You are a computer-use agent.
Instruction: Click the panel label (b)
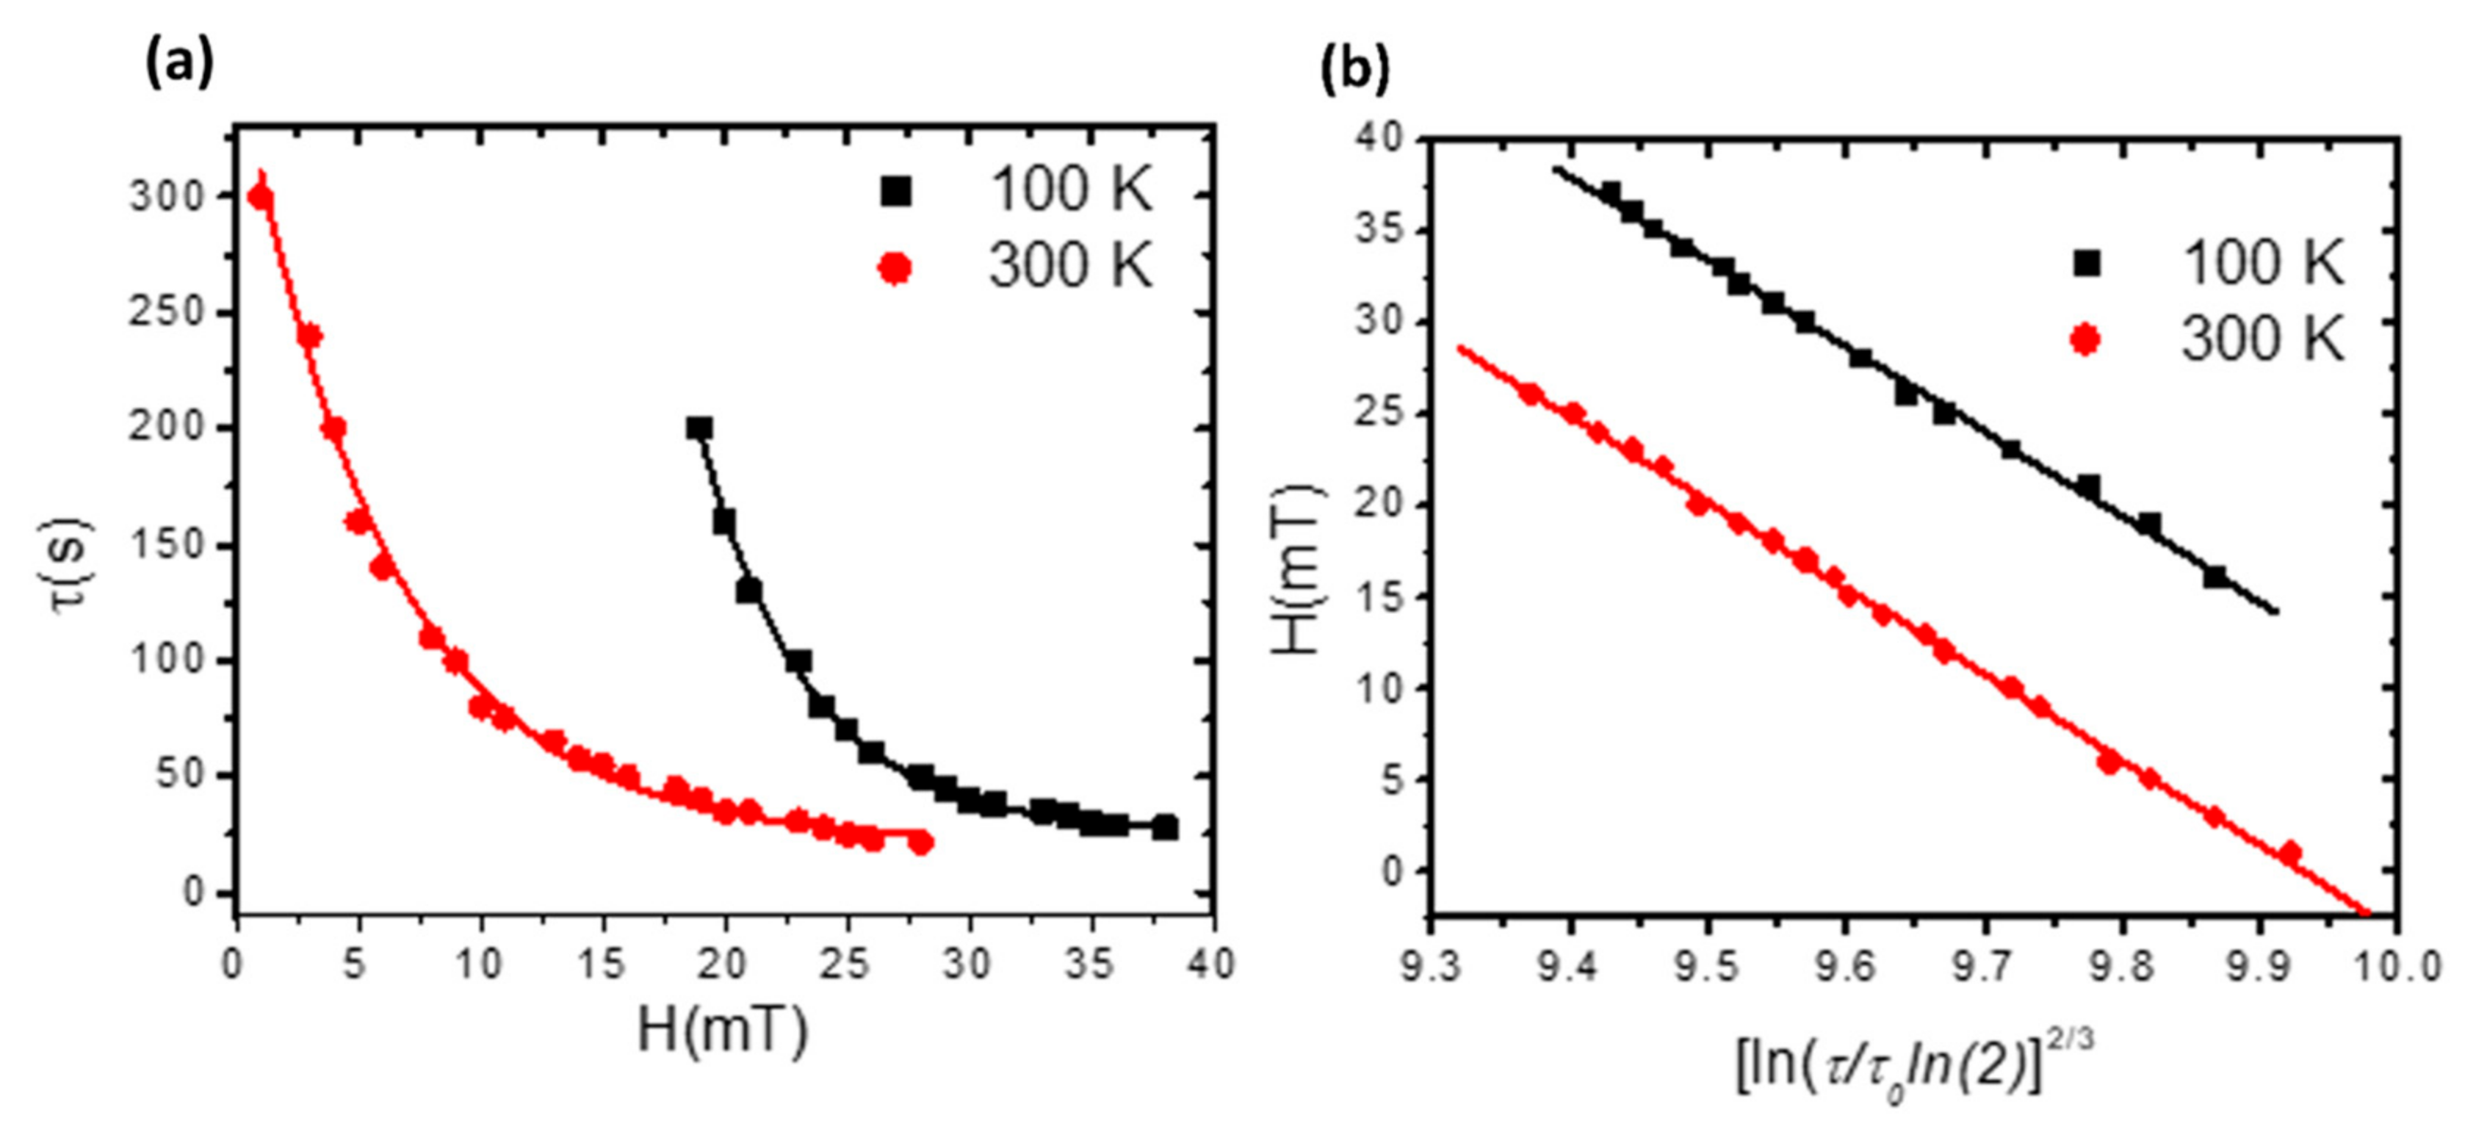(x=1355, y=71)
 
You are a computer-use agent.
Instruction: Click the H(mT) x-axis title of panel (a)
(x=723, y=1031)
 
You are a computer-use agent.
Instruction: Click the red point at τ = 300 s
(x=259, y=197)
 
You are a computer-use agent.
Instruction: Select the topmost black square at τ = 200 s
(x=700, y=429)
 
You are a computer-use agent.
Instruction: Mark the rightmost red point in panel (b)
(x=2290, y=851)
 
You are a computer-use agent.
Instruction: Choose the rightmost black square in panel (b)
(x=2215, y=577)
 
